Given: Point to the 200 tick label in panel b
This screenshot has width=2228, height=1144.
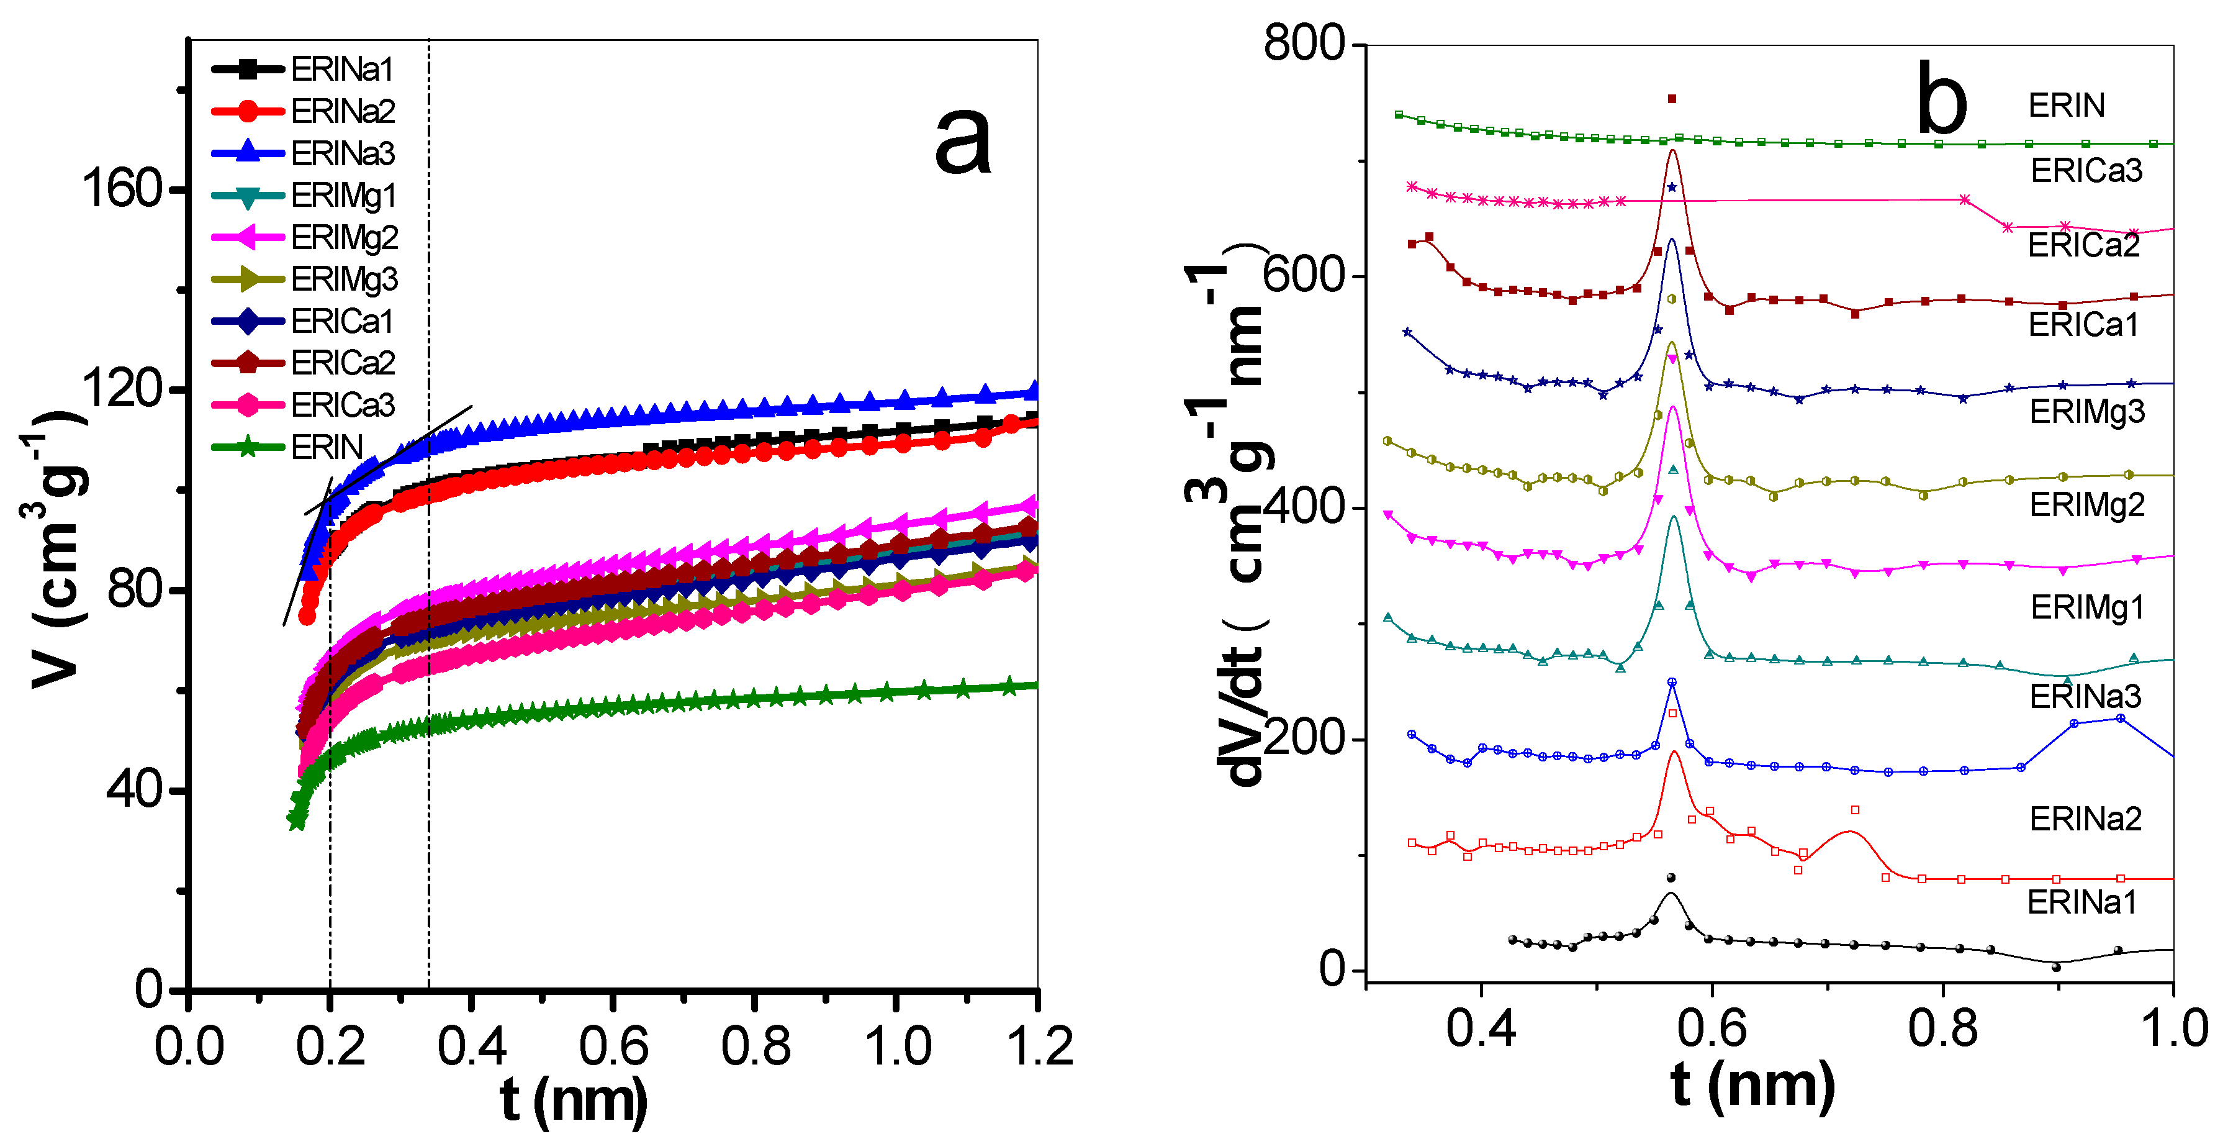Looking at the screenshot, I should [1304, 738].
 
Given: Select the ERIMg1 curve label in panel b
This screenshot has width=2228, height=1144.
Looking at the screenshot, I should [2087, 607].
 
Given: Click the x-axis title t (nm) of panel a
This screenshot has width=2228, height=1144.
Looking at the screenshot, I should [574, 1099].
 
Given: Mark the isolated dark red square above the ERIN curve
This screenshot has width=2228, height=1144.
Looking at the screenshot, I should [1672, 99].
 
